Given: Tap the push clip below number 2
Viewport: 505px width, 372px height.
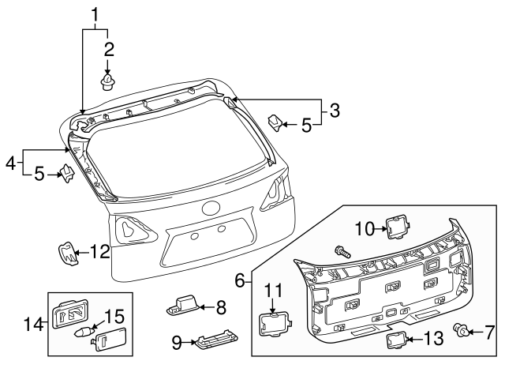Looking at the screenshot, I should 109,79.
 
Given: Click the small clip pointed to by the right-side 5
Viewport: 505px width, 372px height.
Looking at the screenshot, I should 274,122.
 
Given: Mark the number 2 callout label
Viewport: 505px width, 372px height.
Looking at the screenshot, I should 109,49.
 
